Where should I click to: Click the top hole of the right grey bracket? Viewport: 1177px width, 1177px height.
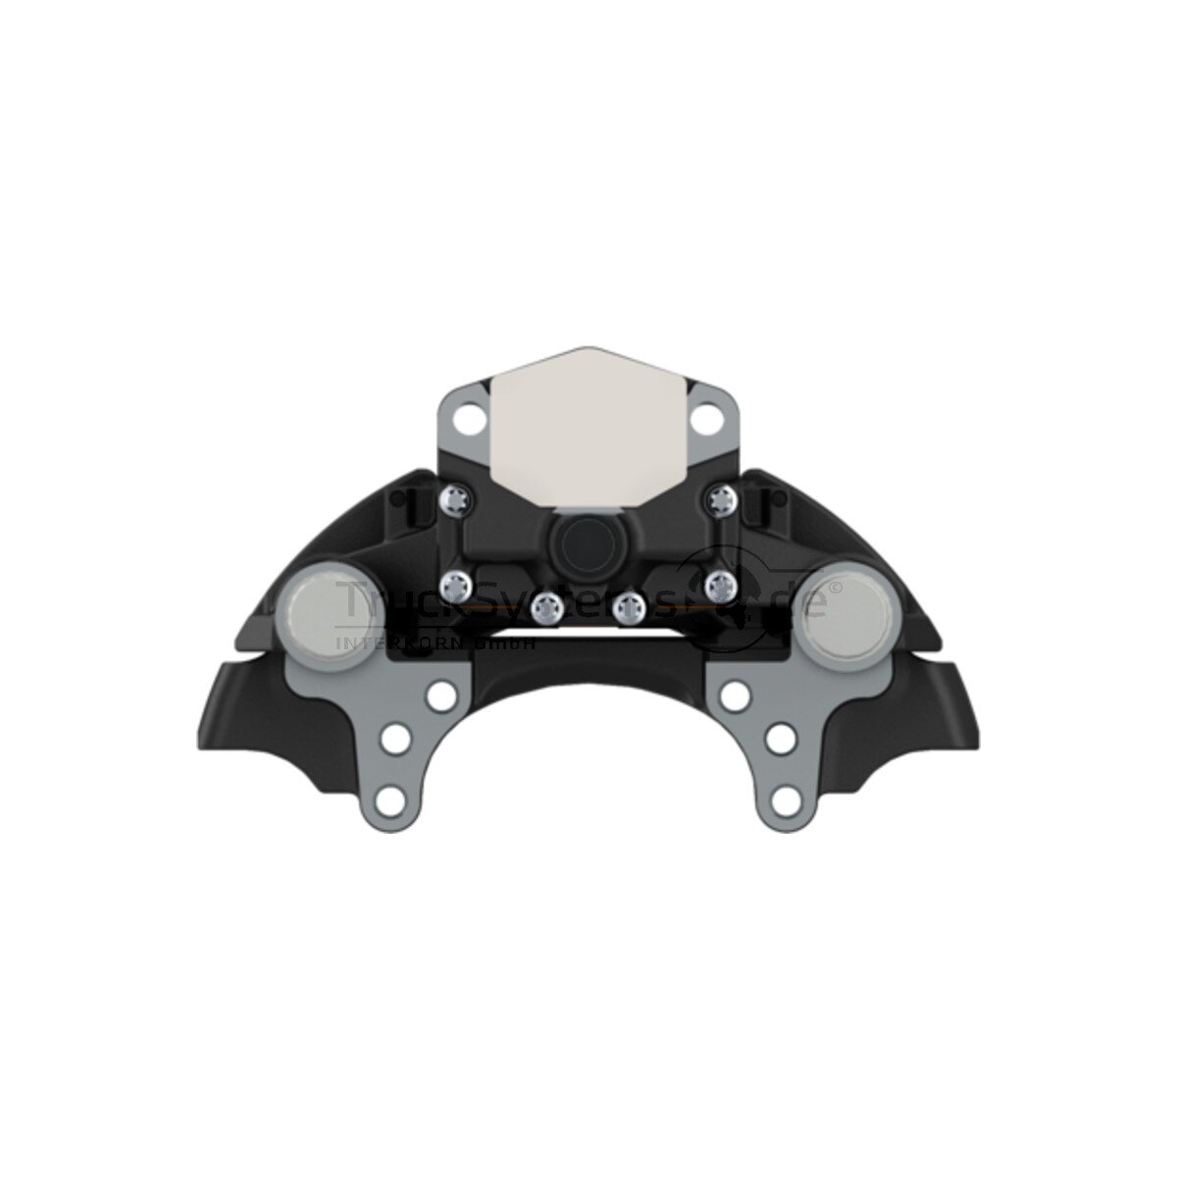[731, 695]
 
